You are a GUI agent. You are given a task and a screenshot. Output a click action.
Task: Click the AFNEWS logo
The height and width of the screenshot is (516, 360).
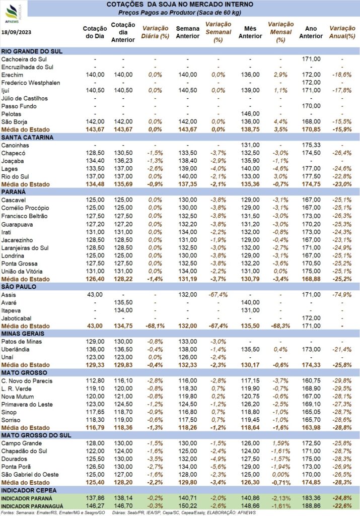coord(13,13)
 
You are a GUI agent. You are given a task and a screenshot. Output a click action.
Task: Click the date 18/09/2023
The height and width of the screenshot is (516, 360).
coord(17,32)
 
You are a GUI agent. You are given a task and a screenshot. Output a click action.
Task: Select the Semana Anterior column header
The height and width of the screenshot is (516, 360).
coord(188,32)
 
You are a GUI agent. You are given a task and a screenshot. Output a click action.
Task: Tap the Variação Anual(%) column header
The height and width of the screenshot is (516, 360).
coord(342,32)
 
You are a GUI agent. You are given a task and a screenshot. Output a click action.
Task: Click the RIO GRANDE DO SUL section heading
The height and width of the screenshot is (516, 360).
coord(32,51)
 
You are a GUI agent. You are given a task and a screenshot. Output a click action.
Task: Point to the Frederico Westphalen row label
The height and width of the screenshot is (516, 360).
coord(31,83)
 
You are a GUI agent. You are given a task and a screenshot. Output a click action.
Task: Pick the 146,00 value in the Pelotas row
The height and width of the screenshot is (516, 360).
coord(250,114)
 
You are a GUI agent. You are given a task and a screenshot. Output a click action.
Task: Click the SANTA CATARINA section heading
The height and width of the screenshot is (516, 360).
coord(27,137)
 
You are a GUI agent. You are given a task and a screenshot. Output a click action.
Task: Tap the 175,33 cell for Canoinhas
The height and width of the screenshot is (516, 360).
coord(311,145)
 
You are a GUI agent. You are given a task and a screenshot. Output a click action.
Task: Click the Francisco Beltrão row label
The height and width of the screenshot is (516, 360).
coord(24,216)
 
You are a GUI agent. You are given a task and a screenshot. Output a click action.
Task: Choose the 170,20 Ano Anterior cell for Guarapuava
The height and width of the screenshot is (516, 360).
coord(311,224)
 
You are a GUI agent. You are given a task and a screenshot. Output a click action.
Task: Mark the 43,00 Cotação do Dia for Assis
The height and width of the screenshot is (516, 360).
coord(95,294)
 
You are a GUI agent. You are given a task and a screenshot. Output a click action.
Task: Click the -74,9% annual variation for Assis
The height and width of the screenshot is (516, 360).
coord(342,294)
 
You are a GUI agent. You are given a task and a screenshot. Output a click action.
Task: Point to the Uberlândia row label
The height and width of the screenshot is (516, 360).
coord(16,349)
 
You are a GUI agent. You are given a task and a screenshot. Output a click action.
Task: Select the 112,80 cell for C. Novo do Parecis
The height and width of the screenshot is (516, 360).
coord(95,381)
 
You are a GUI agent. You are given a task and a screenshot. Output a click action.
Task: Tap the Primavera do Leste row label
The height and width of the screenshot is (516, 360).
coord(27,404)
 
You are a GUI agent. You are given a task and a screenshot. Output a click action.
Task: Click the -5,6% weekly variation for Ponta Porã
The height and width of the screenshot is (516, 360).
coord(219,467)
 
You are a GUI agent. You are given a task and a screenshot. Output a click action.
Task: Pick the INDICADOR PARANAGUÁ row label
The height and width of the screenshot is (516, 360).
coord(32,506)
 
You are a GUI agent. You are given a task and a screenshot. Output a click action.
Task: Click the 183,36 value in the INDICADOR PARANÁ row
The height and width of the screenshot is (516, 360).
coord(311,498)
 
